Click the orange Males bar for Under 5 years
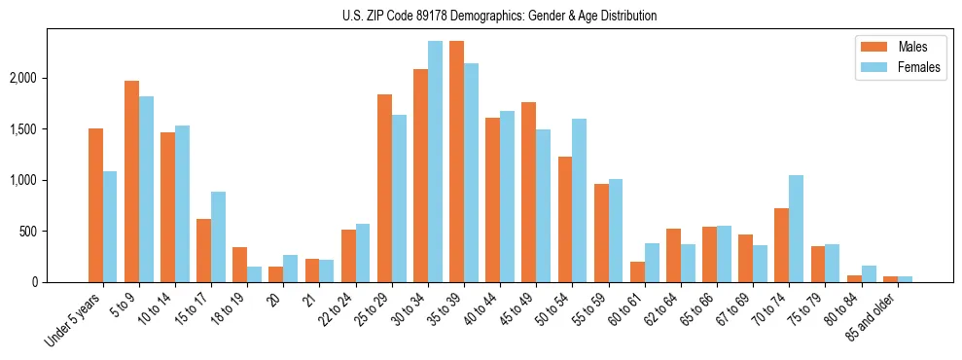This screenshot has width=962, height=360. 95,205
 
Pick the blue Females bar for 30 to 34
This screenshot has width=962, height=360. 435,162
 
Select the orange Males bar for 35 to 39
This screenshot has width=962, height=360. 456,162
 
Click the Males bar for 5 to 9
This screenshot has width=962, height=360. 131,181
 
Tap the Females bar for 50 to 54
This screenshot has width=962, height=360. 579,200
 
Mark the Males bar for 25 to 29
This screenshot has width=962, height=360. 384,188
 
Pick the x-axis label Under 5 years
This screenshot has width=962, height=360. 74,318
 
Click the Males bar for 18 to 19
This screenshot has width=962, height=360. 239,265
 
